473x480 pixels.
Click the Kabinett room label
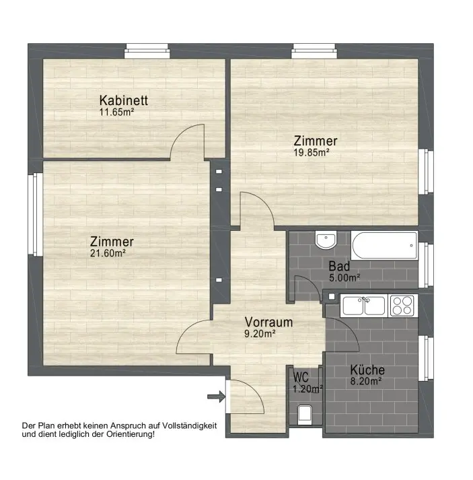124,100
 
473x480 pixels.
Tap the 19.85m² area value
312,152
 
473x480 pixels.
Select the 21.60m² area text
108,253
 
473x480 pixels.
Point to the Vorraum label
268,322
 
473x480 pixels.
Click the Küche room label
367,370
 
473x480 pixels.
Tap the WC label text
301,377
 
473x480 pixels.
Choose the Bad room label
339,266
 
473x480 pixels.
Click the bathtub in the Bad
385,245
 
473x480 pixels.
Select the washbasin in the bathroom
326,240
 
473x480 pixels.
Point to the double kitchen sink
364,306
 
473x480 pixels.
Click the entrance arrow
216,397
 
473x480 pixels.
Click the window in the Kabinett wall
147,50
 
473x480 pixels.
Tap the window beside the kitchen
426,358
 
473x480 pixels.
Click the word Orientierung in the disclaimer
131,434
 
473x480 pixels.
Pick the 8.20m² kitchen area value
366,381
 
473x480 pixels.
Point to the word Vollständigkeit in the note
190,425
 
